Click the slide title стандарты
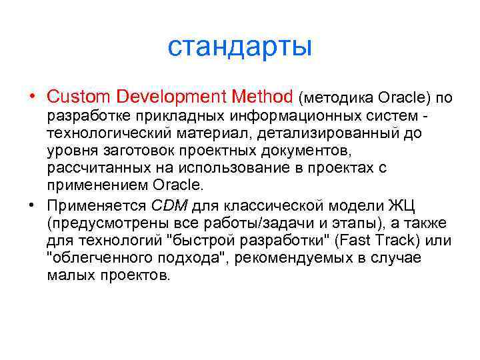[x=239, y=47]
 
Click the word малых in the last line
[x=69, y=275]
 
